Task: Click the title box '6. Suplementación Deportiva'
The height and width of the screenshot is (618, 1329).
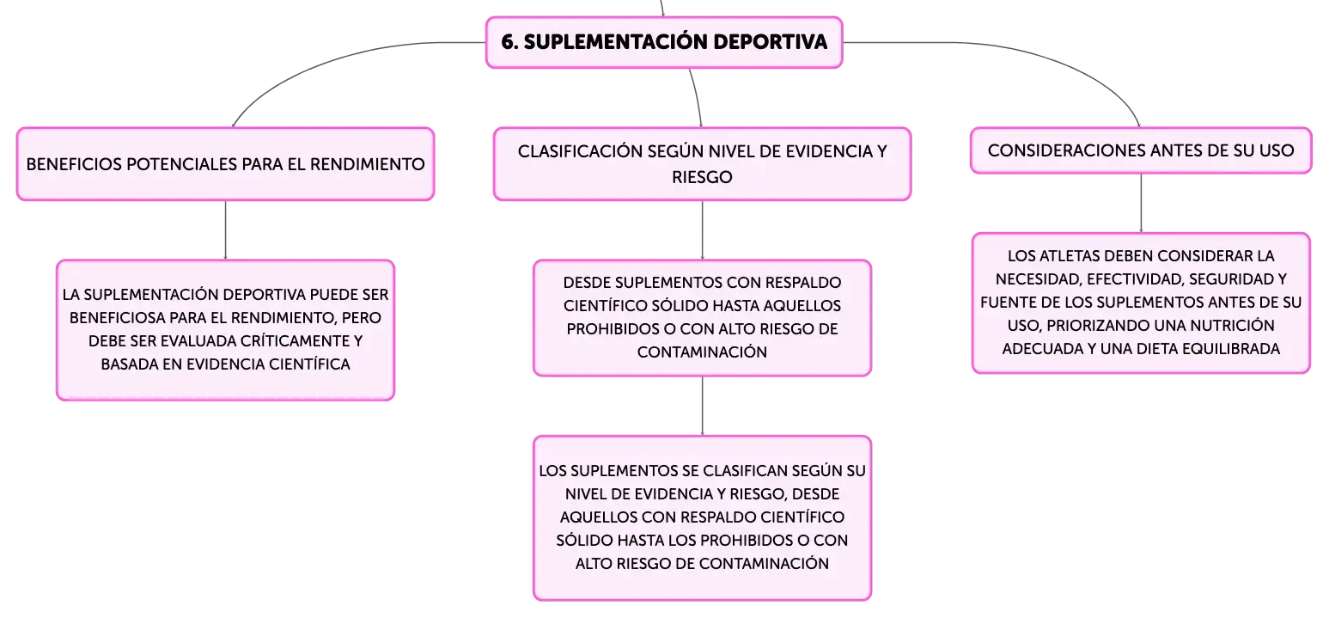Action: [664, 42]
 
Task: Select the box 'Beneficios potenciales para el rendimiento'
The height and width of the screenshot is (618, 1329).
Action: [225, 164]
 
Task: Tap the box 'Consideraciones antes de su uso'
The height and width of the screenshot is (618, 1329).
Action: [1141, 150]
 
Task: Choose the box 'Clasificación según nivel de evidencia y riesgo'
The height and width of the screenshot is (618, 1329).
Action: [702, 164]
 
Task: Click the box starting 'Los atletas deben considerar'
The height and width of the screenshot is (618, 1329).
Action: [1141, 303]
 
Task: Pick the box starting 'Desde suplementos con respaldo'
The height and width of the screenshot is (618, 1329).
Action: [702, 318]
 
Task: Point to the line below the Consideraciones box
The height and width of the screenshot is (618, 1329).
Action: [1141, 203]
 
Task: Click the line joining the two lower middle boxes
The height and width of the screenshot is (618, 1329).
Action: [703, 406]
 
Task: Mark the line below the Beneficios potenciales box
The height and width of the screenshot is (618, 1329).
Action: [225, 230]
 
